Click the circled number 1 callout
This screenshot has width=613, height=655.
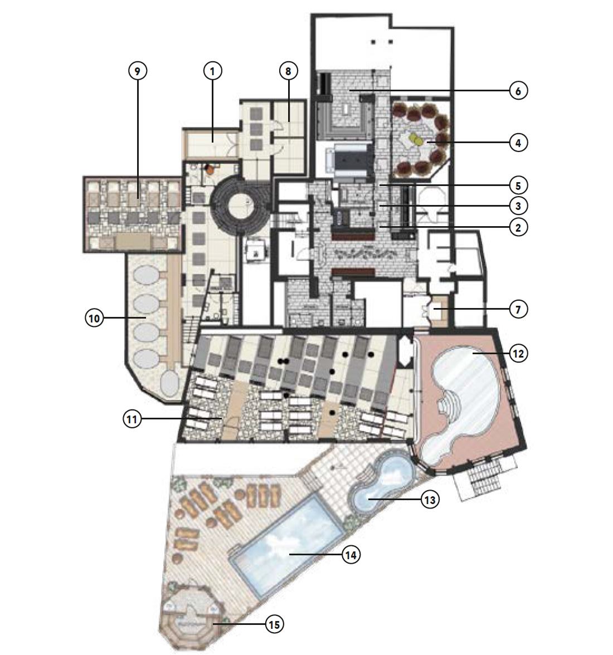212,71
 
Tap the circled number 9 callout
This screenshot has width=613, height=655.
137,71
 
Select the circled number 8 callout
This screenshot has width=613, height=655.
288,71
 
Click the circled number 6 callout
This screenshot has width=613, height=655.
518,91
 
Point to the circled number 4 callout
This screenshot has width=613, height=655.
518,143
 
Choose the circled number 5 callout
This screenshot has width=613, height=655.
518,185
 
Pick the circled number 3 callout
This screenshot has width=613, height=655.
518,206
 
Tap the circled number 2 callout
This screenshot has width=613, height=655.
518,227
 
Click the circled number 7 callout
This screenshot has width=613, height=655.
518,309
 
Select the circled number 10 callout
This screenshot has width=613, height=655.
94,319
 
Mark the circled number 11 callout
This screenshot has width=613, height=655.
132,419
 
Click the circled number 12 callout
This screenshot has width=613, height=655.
518,353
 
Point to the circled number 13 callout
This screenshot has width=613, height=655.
430,500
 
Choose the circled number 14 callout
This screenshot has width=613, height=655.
351,555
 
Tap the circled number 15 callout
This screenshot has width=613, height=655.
274,624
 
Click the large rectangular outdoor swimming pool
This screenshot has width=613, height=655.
286,545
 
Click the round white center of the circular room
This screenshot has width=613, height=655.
240,206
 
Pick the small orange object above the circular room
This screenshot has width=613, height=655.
210,169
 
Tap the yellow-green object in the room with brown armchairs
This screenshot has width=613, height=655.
416,139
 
